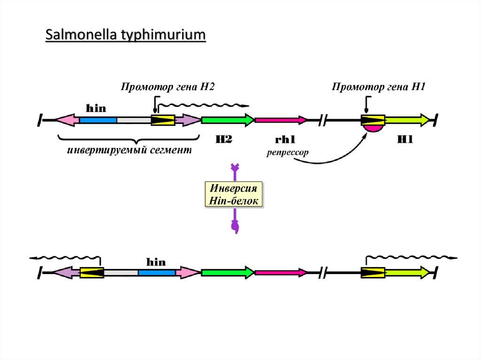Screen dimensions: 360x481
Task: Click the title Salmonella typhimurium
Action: [x=125, y=35]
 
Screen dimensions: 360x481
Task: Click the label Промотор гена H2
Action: [x=168, y=86]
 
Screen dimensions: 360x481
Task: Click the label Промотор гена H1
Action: [x=379, y=86]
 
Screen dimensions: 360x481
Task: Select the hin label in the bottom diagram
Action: [x=156, y=262]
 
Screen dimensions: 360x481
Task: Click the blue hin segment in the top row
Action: [x=98, y=121]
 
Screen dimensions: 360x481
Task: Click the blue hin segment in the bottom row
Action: [x=157, y=272]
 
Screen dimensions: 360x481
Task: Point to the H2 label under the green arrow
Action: [x=224, y=139]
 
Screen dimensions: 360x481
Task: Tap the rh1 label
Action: [x=285, y=140]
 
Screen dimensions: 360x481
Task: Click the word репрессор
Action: [x=287, y=153]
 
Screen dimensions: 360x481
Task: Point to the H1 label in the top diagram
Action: [x=405, y=139]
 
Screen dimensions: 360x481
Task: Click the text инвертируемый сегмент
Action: [x=129, y=150]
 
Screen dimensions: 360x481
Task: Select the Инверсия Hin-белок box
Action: [x=233, y=195]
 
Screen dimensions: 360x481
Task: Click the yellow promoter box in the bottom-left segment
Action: [x=91, y=272]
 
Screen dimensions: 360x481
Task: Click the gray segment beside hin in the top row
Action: [x=133, y=121]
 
